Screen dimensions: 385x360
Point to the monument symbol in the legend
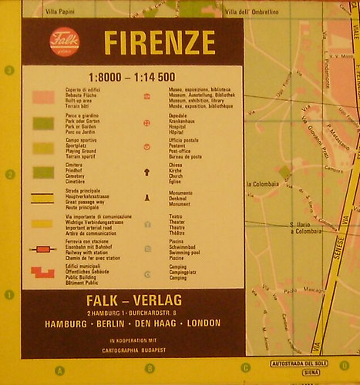click(146, 198)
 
